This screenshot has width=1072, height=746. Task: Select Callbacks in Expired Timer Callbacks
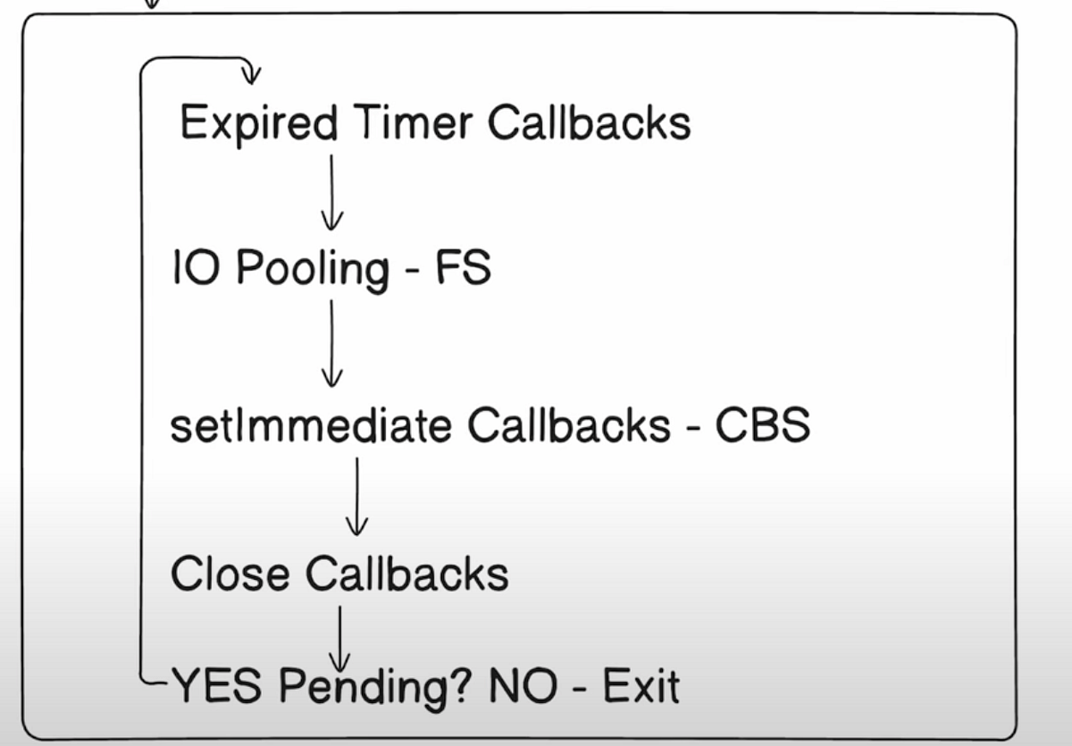point(589,122)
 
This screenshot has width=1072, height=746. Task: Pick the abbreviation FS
point(463,267)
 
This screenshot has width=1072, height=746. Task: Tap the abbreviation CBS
point(762,426)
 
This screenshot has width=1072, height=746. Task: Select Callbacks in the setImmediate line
point(568,426)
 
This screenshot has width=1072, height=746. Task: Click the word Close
point(230,573)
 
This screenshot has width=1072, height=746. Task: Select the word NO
point(522,687)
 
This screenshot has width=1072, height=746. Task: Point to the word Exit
point(641,687)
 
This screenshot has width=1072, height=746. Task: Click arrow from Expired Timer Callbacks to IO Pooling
point(331,192)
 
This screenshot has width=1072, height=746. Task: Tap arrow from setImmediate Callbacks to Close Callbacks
point(356,496)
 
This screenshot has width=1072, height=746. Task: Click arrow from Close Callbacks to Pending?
point(339,636)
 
